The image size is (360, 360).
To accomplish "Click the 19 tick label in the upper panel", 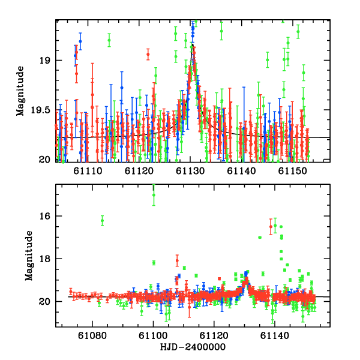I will click(46, 61).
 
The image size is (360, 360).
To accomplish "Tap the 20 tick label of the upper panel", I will click(46, 160).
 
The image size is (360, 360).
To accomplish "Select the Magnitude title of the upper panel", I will click(20, 90).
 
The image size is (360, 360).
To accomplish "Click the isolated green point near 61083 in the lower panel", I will click(102, 220).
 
